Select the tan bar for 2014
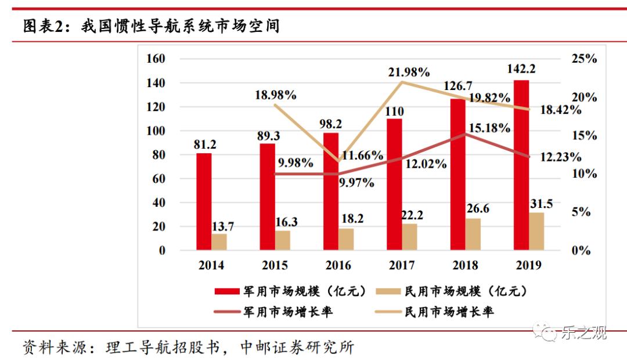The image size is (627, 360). click(219, 242)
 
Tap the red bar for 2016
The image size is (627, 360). click(331, 192)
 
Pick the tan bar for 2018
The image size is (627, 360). click(473, 235)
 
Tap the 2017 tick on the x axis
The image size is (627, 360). click(401, 265)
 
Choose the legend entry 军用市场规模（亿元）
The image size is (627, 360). click(290, 291)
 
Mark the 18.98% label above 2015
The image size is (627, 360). click(276, 94)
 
